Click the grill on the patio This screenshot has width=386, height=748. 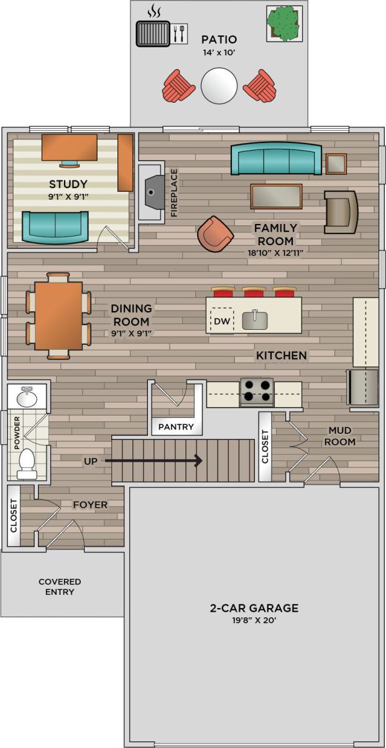tap(153, 33)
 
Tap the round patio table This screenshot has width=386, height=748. tap(219, 85)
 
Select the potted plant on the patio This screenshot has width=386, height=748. tap(285, 23)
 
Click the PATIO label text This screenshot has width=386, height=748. tap(219, 39)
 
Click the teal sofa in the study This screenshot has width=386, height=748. tap(55, 227)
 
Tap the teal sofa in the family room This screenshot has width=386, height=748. tap(275, 159)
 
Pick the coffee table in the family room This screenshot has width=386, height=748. tap(276, 196)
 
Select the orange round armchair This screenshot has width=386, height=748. tap(215, 234)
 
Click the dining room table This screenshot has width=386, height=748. tap(58, 316)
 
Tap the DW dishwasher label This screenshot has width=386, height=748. tap(221, 322)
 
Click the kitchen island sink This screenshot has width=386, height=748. tap(255, 320)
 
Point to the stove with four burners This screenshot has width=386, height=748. tap(257, 391)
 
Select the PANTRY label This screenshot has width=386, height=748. tap(176, 428)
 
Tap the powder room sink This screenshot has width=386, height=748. tap(27, 396)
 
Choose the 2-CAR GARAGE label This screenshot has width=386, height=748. tap(254, 608)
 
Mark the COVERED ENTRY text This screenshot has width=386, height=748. tap(60, 587)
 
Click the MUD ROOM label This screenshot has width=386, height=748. tap(342, 436)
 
